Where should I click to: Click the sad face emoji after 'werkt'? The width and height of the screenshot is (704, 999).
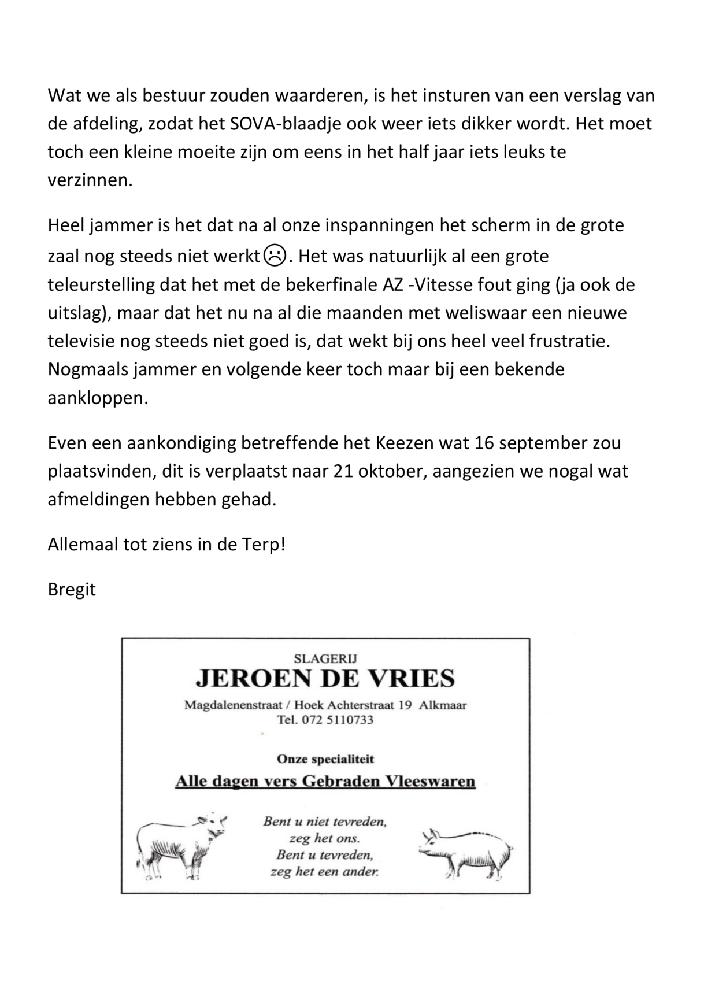tap(274, 256)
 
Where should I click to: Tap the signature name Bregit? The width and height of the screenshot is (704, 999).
tap(72, 590)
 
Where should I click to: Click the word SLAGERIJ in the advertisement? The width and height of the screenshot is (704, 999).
tap(325, 658)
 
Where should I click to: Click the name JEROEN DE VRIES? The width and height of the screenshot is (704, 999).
tap(325, 678)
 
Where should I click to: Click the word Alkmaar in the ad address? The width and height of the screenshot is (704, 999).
tap(443, 705)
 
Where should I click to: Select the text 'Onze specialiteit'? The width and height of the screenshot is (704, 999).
tap(325, 759)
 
